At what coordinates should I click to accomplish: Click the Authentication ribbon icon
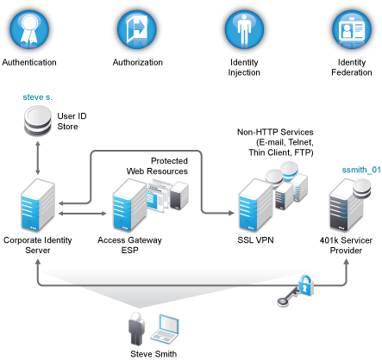click(29, 29)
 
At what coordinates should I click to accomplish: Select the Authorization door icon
click(137, 29)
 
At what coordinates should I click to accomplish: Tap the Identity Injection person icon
click(244, 29)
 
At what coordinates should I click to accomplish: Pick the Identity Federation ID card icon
click(352, 29)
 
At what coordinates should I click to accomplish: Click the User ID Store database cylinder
click(38, 121)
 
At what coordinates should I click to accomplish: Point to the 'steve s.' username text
click(38, 97)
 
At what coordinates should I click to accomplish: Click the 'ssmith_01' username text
click(361, 170)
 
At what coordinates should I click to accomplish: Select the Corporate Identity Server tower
click(38, 205)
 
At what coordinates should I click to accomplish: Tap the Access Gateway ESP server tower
click(129, 205)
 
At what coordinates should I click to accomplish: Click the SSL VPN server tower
click(256, 205)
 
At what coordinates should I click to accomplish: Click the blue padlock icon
click(305, 285)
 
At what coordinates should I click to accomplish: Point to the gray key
click(288, 298)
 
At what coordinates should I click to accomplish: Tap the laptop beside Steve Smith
click(165, 329)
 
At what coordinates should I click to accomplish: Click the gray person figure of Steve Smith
click(136, 328)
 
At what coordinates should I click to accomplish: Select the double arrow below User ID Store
click(38, 158)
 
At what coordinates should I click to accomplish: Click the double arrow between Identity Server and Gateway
click(83, 214)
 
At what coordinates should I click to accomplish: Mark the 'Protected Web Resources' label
click(157, 166)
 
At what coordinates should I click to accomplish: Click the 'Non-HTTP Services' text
click(275, 132)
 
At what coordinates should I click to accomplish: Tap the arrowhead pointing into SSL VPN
click(231, 213)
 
